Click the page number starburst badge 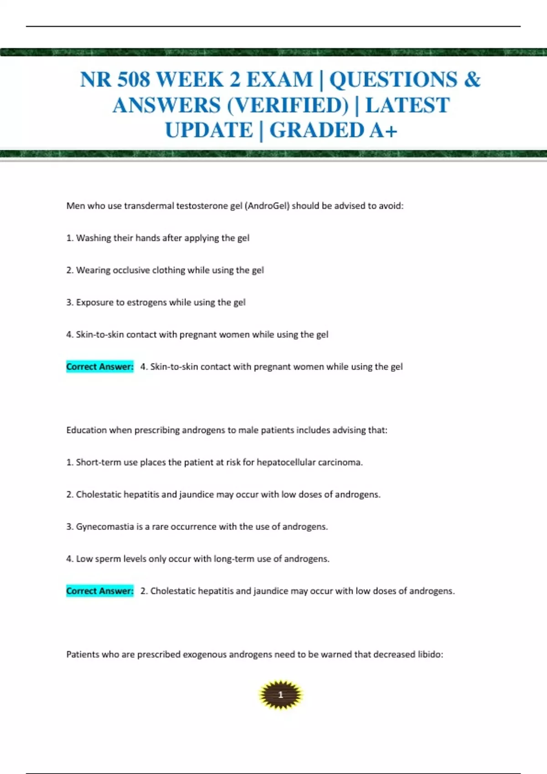(x=280, y=695)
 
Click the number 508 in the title (x=134, y=80)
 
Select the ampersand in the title (x=472, y=80)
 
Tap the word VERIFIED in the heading (x=288, y=105)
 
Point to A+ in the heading (x=383, y=130)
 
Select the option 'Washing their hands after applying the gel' (x=162, y=238)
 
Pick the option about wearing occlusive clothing (x=170, y=270)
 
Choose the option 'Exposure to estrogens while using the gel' (x=160, y=302)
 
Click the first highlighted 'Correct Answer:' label (x=100, y=367)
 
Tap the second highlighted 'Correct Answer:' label (x=100, y=591)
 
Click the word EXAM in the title (x=279, y=80)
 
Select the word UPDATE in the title (x=209, y=130)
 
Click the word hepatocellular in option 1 (x=286, y=463)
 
